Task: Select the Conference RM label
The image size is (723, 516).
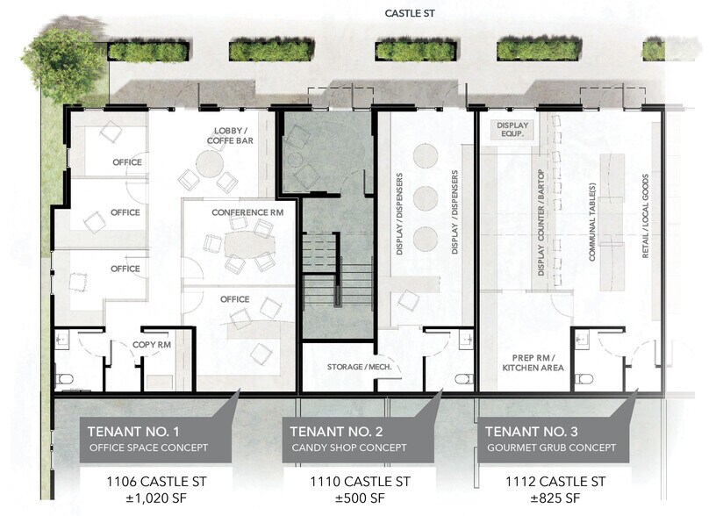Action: [x=247, y=213]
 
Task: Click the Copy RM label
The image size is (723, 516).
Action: [x=151, y=345]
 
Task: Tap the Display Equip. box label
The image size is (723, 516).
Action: [x=513, y=131]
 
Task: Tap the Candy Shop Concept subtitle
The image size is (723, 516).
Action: [x=348, y=448]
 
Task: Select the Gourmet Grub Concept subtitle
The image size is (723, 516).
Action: [x=551, y=448]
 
